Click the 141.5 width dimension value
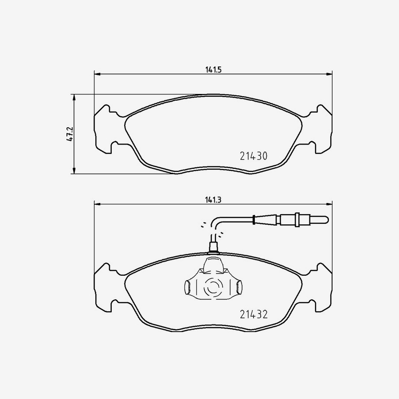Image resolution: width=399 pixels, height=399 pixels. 213,69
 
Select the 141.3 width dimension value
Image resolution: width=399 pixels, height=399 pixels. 213,199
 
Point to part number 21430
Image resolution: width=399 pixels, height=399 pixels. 253,156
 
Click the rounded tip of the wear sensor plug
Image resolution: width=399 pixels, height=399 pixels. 325,219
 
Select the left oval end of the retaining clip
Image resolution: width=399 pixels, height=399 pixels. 188,288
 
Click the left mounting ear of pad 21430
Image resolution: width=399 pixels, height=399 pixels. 103,129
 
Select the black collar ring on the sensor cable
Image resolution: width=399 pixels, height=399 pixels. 253,219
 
